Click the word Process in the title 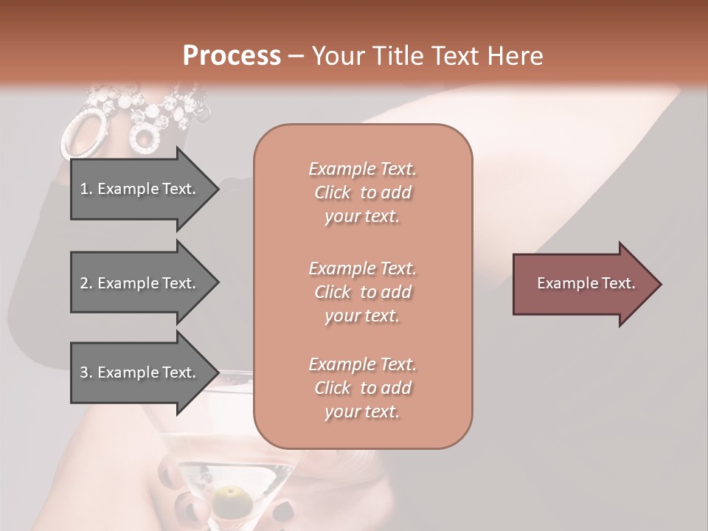(232, 56)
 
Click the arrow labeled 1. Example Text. (140, 189)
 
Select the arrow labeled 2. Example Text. (140, 283)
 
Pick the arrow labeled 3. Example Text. (140, 372)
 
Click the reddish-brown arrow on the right (583, 284)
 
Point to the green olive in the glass (232, 495)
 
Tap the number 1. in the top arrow (86, 189)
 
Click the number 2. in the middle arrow (86, 283)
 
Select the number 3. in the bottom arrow (86, 372)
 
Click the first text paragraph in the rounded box (362, 192)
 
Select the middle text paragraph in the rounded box (362, 291)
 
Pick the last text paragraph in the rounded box (362, 388)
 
